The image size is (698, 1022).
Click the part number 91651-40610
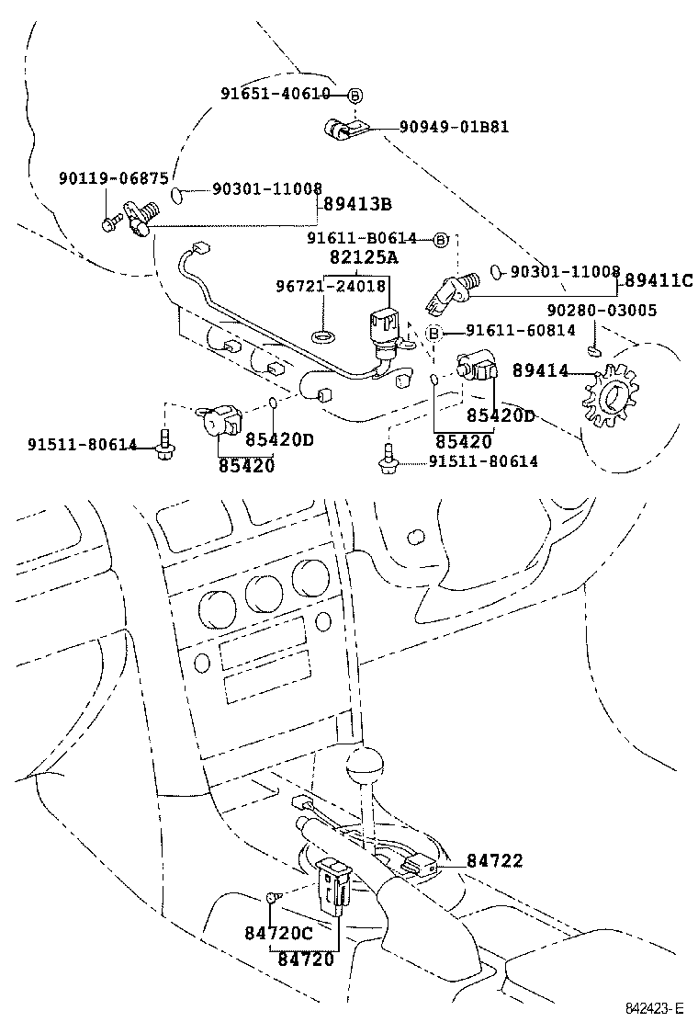[x=275, y=94]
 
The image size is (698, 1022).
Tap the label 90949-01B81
[x=453, y=127]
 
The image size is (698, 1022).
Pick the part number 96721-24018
[x=331, y=286]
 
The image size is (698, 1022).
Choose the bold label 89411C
[x=659, y=280]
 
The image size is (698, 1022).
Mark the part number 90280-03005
[x=602, y=311]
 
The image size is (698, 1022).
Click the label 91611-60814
[x=520, y=331]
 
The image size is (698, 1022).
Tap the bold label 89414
[x=540, y=370]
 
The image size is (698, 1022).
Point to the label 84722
[x=494, y=860]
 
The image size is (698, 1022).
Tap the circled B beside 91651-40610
[x=355, y=94]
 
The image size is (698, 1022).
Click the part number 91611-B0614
[x=362, y=239]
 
